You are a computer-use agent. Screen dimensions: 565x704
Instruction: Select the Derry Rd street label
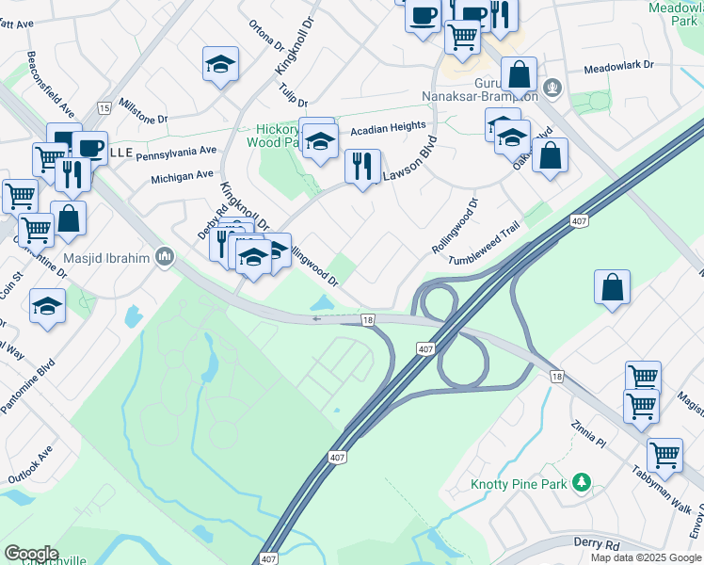point(598,543)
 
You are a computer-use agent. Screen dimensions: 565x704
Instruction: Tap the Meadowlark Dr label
point(618,69)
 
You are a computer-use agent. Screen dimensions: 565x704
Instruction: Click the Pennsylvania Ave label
point(176,151)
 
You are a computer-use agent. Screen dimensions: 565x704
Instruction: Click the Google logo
point(32,553)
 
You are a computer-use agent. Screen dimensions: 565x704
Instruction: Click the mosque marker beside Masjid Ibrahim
point(165,256)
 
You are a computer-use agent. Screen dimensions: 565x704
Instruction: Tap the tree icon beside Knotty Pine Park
point(582,483)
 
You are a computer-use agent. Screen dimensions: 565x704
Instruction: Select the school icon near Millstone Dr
point(221,64)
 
